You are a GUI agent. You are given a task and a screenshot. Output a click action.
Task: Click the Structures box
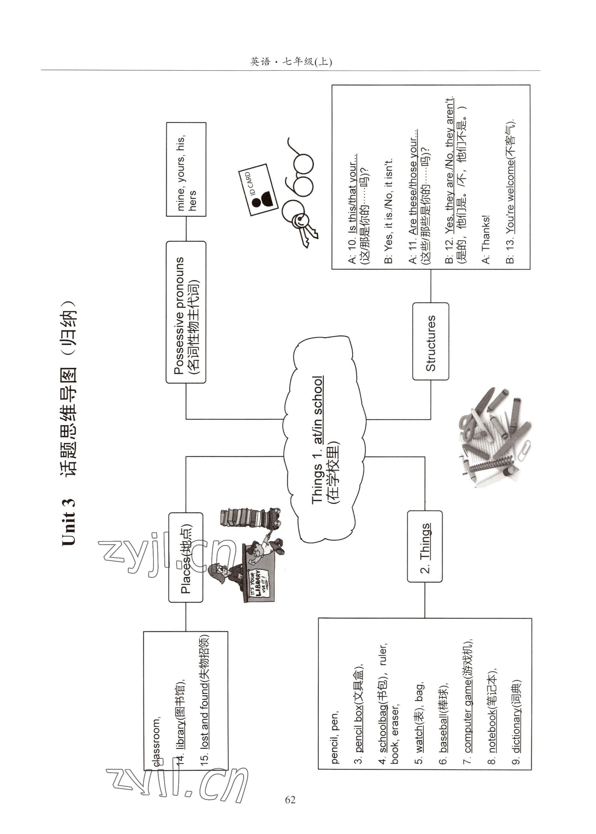pyautogui.click(x=430, y=342)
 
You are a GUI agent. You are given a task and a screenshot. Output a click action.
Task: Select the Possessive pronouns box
pyautogui.click(x=186, y=312)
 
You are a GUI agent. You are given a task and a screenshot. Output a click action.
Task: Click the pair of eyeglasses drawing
pyautogui.click(x=299, y=176)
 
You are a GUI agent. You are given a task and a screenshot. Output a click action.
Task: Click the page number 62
pyautogui.click(x=290, y=800)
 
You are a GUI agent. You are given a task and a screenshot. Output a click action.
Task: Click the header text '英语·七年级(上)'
pyautogui.click(x=291, y=62)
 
